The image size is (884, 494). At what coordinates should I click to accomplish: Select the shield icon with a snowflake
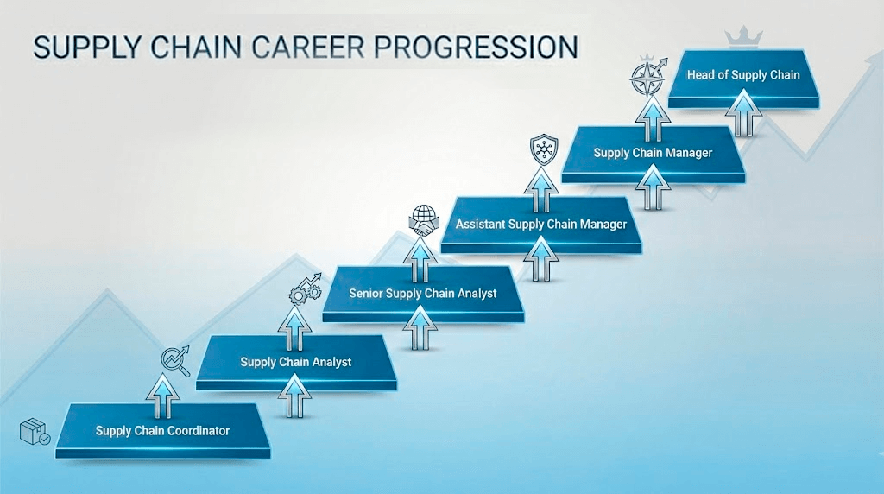(x=542, y=149)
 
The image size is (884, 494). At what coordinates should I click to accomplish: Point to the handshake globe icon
(x=422, y=219)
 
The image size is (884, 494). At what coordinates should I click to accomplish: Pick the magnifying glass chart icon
(x=175, y=360)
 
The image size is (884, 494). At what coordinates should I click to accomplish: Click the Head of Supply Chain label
(x=743, y=75)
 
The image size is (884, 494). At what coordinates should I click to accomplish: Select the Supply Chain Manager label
(x=653, y=153)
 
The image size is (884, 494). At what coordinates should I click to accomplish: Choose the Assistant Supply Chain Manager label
(x=541, y=225)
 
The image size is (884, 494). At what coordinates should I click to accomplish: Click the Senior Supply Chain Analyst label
(x=423, y=294)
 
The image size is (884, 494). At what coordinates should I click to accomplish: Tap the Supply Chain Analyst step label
(x=296, y=362)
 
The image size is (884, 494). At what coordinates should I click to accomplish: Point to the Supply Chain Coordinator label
(x=163, y=430)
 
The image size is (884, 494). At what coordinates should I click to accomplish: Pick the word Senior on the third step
(x=366, y=294)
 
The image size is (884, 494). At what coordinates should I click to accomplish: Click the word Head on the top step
(x=701, y=75)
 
